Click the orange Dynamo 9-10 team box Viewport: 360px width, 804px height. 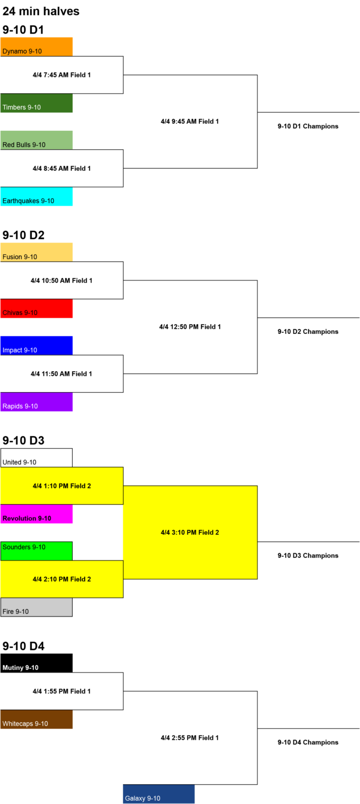coord(36,47)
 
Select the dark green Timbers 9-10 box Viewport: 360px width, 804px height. coord(36,103)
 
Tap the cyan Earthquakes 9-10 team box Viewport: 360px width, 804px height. coord(36,196)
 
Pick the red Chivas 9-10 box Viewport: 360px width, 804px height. coord(36,308)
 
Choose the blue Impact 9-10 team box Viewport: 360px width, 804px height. coord(36,345)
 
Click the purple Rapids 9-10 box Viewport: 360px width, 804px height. coord(36,401)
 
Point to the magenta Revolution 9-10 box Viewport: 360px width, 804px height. coord(36,513)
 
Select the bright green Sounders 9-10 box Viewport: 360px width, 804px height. coord(36,551)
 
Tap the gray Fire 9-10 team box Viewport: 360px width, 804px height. coord(36,607)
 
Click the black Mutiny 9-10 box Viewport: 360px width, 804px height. coord(36,663)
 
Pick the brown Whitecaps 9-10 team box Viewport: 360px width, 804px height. coord(36,719)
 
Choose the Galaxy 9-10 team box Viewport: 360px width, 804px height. coord(159,794)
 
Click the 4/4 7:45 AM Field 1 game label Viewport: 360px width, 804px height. coord(62,75)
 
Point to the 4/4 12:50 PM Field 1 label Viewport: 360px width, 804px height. coord(190,327)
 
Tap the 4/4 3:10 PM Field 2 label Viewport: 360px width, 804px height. coord(190,532)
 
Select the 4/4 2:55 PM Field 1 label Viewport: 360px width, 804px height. coord(190,738)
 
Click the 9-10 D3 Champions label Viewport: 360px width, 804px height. coord(308,555)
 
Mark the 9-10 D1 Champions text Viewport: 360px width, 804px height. coord(308,126)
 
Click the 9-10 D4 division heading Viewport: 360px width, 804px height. coord(24,646)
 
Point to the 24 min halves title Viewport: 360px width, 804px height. coord(41,11)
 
